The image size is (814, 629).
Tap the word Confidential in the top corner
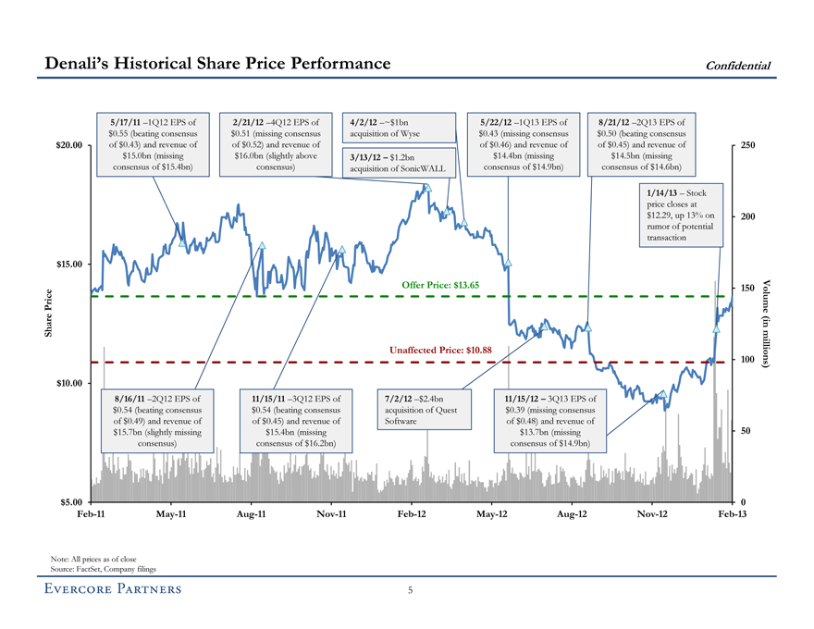[738, 65]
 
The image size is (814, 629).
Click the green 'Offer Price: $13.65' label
[440, 285]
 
